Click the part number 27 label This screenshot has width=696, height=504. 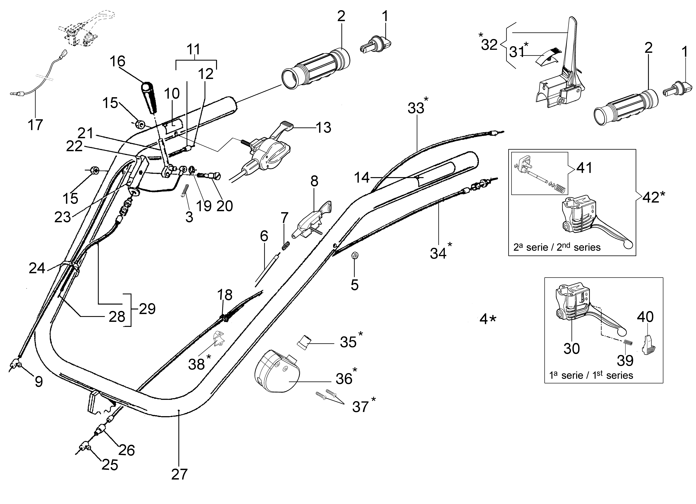(179, 474)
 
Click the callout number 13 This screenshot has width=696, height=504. (323, 128)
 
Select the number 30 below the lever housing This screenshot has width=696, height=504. (572, 348)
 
